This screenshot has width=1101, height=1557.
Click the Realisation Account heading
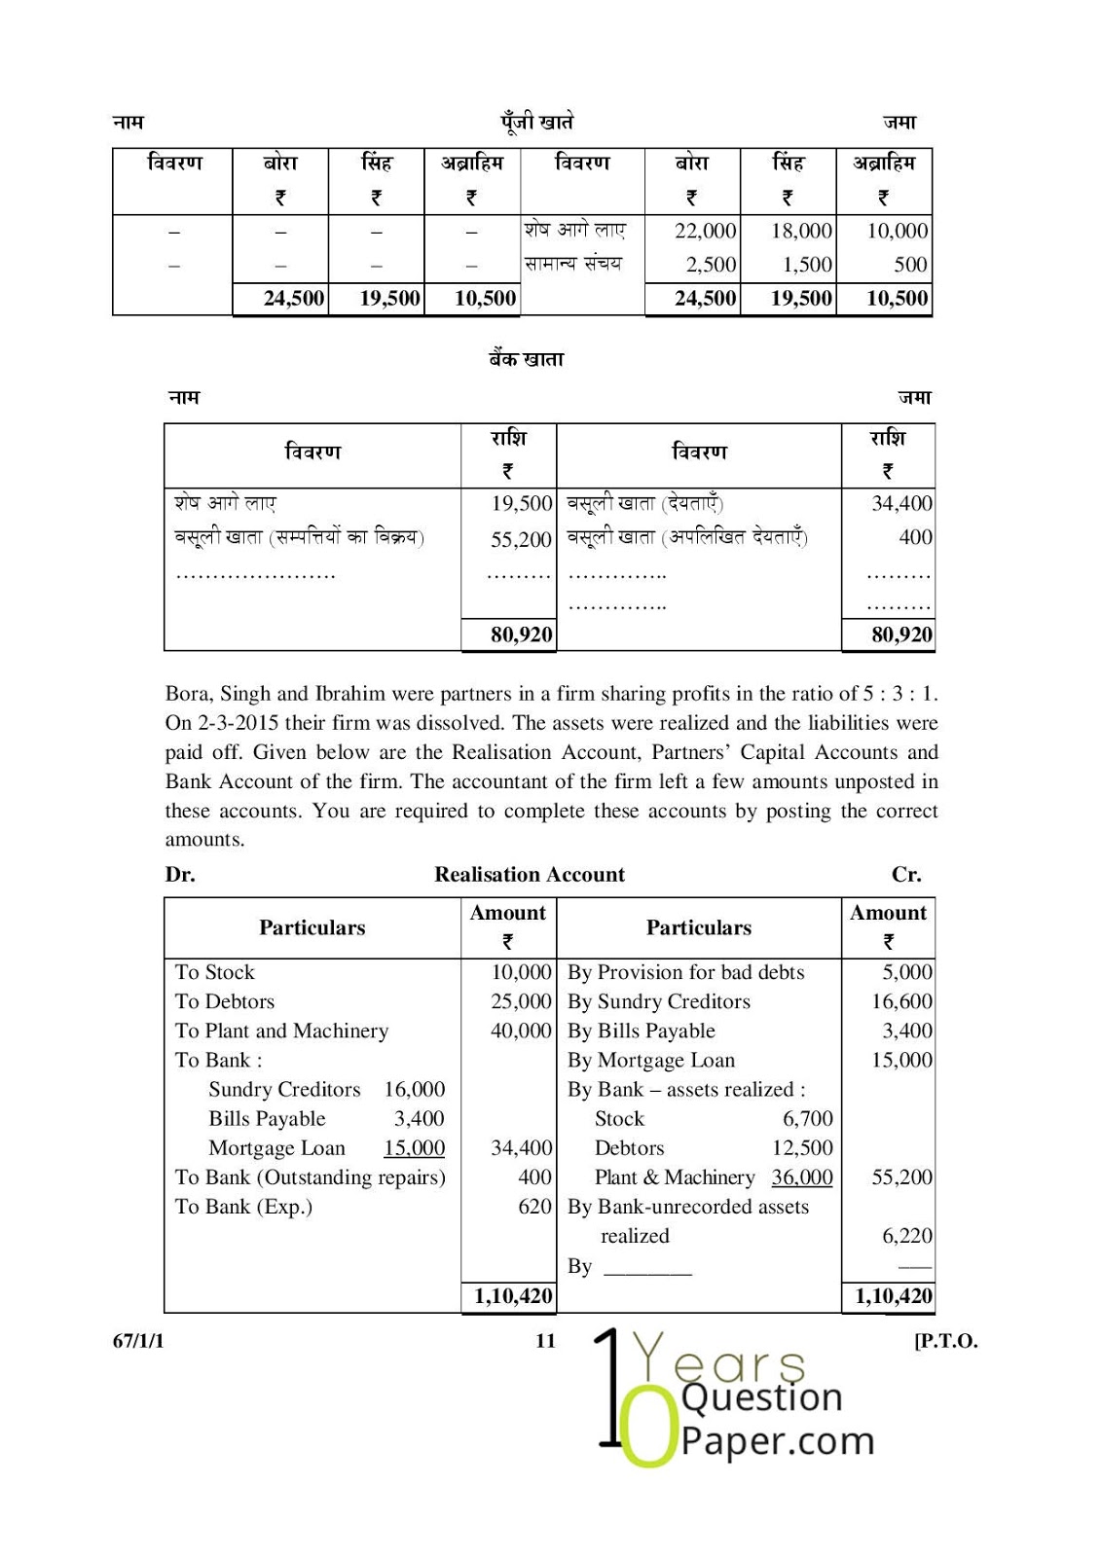[530, 874]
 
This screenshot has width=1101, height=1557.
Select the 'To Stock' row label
[214, 972]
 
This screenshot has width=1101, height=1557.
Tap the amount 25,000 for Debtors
[521, 1001]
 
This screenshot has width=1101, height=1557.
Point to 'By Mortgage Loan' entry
[650, 1060]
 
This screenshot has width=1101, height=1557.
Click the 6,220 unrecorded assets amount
[906, 1236]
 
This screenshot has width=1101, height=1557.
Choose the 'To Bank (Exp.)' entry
[243, 1207]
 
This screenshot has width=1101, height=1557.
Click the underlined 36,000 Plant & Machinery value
[802, 1177]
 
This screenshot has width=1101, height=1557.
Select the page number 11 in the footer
[545, 1340]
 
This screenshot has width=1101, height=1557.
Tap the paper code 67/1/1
[138, 1340]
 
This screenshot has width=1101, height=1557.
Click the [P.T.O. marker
[945, 1340]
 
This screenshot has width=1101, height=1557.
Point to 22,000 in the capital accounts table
[705, 231]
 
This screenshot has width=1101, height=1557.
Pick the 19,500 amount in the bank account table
[521, 503]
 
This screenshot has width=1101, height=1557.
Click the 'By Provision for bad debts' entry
[685, 972]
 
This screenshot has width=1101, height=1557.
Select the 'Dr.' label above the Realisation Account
[180, 874]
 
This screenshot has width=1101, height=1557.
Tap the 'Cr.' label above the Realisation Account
[906, 874]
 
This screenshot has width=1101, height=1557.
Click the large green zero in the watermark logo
[649, 1430]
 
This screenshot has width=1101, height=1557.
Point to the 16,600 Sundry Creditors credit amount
[901, 1001]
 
